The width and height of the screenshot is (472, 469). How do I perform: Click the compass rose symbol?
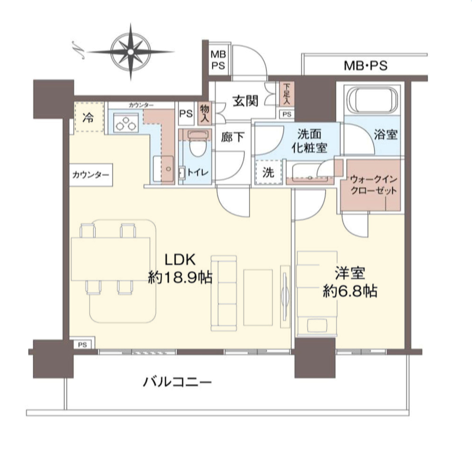[130, 52]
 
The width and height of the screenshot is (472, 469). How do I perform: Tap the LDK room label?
[180, 259]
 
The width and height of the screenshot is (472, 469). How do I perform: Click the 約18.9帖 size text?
[180, 277]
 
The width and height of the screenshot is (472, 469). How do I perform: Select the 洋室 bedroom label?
[350, 273]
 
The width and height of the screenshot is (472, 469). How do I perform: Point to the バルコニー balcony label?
[177, 382]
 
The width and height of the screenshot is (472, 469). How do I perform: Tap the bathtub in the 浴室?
[372, 101]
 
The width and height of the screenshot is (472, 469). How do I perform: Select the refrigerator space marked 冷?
[89, 117]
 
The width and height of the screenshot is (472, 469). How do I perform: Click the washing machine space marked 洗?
[269, 172]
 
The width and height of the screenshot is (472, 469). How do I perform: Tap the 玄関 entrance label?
[246, 101]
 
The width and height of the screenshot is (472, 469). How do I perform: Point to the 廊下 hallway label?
[232, 137]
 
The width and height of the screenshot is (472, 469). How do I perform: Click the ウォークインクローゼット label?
[374, 185]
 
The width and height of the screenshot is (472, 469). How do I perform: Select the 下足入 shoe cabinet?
[286, 94]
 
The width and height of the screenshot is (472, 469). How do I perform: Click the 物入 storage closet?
[205, 113]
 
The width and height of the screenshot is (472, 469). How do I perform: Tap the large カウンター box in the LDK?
[91, 175]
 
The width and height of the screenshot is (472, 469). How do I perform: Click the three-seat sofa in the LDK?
[224, 293]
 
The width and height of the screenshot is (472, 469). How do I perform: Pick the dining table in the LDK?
[110, 259]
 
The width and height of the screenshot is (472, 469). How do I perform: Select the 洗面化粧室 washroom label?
[309, 141]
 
